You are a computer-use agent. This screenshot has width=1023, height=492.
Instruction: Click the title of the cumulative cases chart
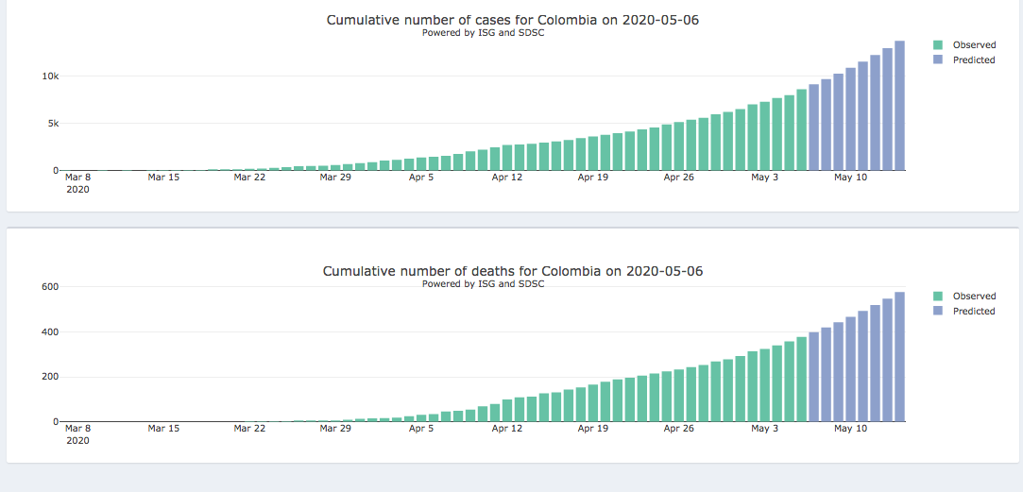click(512, 20)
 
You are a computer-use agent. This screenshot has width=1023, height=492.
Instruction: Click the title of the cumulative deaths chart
click(512, 271)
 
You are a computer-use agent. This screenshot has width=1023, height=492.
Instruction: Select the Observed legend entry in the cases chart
click(973, 45)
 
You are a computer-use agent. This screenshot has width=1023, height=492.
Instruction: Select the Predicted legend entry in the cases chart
click(973, 60)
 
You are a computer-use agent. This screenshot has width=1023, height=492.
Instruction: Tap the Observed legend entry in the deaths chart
click(973, 297)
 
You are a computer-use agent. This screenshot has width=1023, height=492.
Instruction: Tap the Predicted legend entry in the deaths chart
click(973, 312)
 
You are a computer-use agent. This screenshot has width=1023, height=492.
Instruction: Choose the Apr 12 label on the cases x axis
click(506, 177)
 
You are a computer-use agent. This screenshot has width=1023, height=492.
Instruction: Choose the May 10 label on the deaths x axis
click(850, 429)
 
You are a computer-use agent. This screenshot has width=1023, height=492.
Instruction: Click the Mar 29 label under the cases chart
click(335, 177)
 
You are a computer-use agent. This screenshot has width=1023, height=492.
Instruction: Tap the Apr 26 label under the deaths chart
click(678, 429)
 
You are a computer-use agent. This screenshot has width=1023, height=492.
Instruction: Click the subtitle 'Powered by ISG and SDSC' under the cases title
click(483, 33)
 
